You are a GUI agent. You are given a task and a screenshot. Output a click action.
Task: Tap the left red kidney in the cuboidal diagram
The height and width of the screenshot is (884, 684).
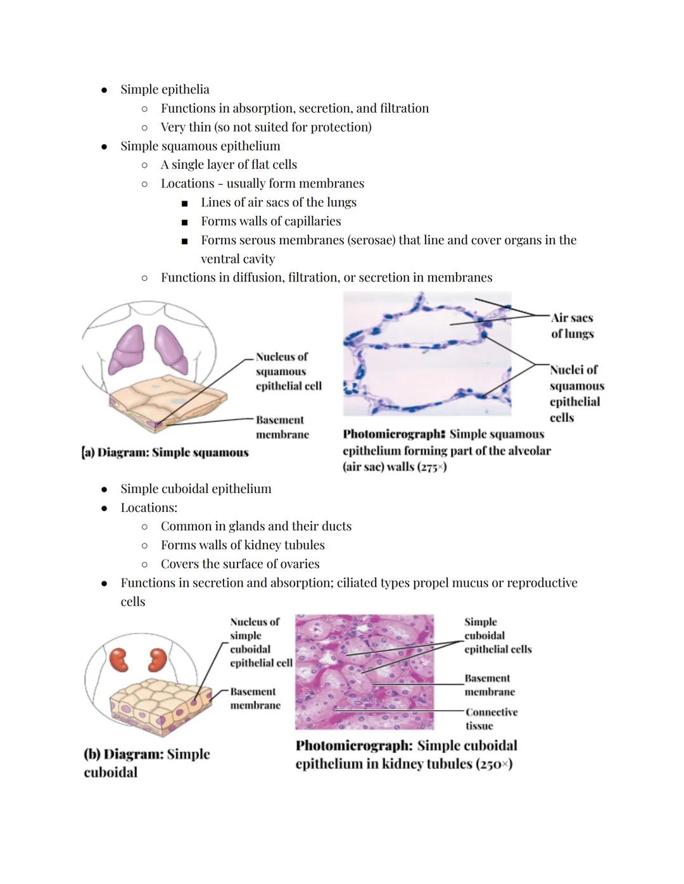[x=119, y=659]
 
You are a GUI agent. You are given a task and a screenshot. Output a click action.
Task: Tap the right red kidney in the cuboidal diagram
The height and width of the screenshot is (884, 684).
[x=156, y=659]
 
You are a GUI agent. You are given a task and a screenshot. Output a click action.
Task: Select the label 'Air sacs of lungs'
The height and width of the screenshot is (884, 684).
[x=572, y=326]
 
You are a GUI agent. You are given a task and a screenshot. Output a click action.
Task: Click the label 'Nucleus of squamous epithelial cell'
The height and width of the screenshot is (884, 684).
[x=288, y=371]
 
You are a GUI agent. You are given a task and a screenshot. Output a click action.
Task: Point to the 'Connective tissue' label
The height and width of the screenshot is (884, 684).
[x=491, y=719]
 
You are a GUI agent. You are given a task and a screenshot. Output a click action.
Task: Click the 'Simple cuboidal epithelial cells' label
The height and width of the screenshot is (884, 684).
[x=497, y=636]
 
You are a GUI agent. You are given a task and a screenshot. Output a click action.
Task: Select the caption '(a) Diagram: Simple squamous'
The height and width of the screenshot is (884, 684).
[x=166, y=452]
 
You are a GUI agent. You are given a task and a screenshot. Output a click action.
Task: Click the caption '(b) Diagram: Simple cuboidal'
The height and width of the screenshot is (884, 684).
[x=146, y=763]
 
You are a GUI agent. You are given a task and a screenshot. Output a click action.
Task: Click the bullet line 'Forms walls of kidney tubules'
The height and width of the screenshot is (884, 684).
[x=243, y=545]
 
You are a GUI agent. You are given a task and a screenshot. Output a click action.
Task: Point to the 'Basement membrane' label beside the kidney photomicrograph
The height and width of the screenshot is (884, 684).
[x=489, y=685]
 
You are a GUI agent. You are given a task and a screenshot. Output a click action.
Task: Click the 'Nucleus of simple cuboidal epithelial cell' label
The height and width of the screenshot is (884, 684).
[x=260, y=642]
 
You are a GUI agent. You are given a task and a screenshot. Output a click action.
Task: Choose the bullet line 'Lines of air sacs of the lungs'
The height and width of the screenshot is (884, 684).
[x=279, y=202]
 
